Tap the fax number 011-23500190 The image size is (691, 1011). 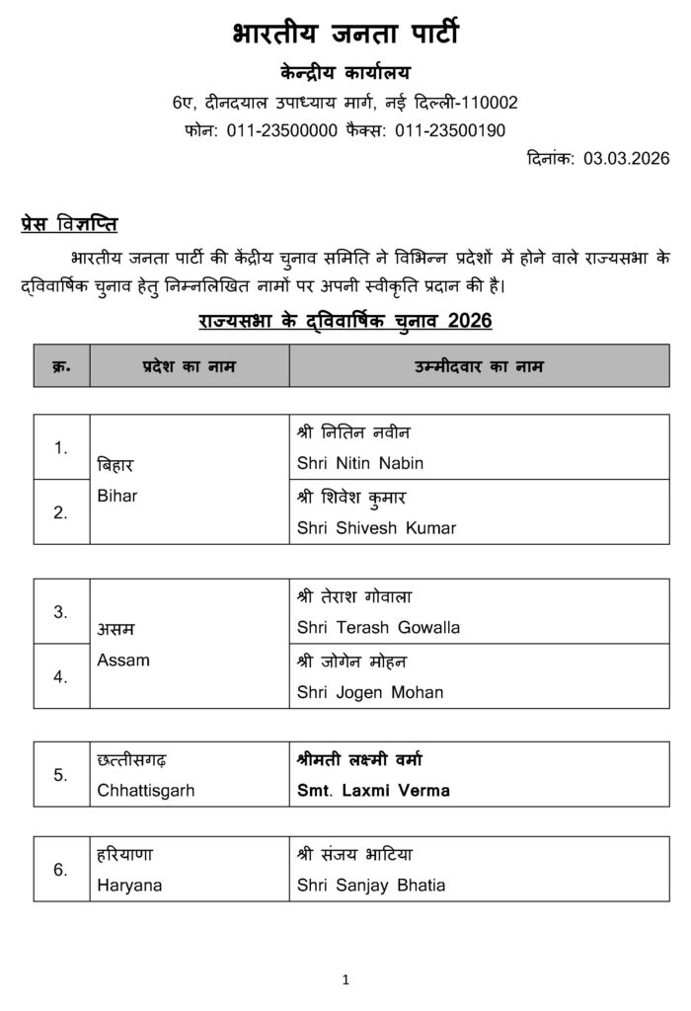[451, 129]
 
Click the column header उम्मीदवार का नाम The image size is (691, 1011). [479, 365]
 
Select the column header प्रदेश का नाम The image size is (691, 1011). [189, 365]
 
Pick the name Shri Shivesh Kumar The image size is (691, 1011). [376, 527]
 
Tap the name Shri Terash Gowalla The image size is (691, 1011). [378, 627]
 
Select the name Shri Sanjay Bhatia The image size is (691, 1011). [371, 886]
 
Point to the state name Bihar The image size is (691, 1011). [117, 496]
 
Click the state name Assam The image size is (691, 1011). [123, 660]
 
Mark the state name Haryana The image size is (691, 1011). [129, 886]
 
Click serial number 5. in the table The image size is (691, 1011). [61, 775]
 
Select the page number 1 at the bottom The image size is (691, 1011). [345, 979]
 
